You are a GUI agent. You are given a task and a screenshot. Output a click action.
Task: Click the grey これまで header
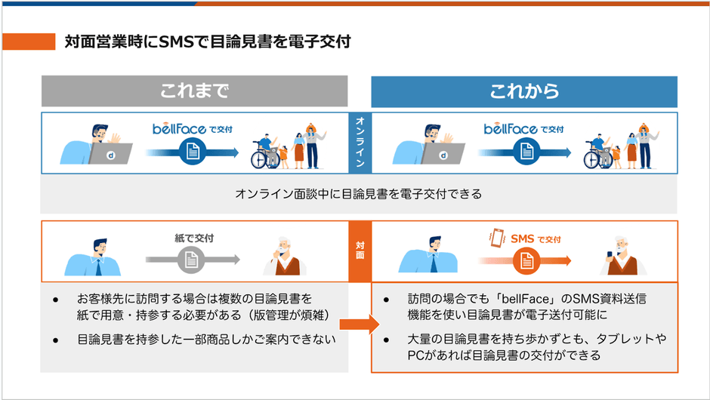coord(194,91)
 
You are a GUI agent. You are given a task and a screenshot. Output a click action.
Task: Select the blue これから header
coord(523,91)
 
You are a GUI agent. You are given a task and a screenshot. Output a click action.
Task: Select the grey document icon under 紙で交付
coord(192,260)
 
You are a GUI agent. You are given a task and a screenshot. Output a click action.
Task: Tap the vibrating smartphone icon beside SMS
coord(496,238)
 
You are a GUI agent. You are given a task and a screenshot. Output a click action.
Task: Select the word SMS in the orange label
coord(522,239)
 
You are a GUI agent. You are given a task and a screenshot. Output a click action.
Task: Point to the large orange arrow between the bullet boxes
coord(358,325)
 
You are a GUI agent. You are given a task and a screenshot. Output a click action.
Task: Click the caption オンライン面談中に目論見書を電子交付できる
coord(359,194)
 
